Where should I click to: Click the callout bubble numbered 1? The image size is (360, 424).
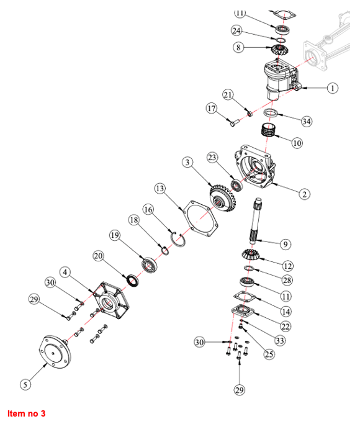(333, 88)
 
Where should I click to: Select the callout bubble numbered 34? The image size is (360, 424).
(306, 122)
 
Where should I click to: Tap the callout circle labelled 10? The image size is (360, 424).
(297, 143)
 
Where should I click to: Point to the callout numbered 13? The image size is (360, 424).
(160, 189)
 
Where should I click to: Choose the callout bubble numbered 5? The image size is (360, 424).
(25, 384)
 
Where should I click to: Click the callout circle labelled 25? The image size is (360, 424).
(269, 354)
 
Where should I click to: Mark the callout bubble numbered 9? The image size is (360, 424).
(286, 245)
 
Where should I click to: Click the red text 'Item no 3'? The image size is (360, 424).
(27, 413)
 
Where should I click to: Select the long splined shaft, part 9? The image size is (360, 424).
(256, 222)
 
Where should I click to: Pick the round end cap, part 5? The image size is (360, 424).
(55, 351)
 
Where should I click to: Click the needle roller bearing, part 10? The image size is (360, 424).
(268, 130)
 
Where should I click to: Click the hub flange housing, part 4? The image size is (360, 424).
(111, 300)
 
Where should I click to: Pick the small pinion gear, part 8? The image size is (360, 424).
(280, 50)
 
